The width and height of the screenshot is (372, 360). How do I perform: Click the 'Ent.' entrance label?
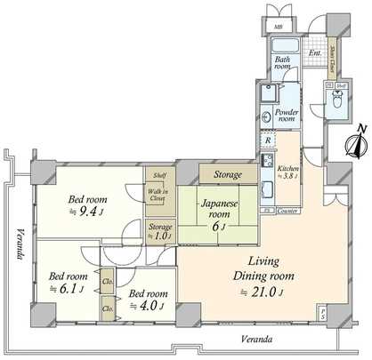(x=314, y=52)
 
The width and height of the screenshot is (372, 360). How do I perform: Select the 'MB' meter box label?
(x=279, y=28)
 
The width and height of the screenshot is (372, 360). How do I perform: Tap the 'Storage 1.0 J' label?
(x=159, y=231)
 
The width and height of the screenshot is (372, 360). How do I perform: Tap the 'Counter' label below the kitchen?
(x=286, y=211)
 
